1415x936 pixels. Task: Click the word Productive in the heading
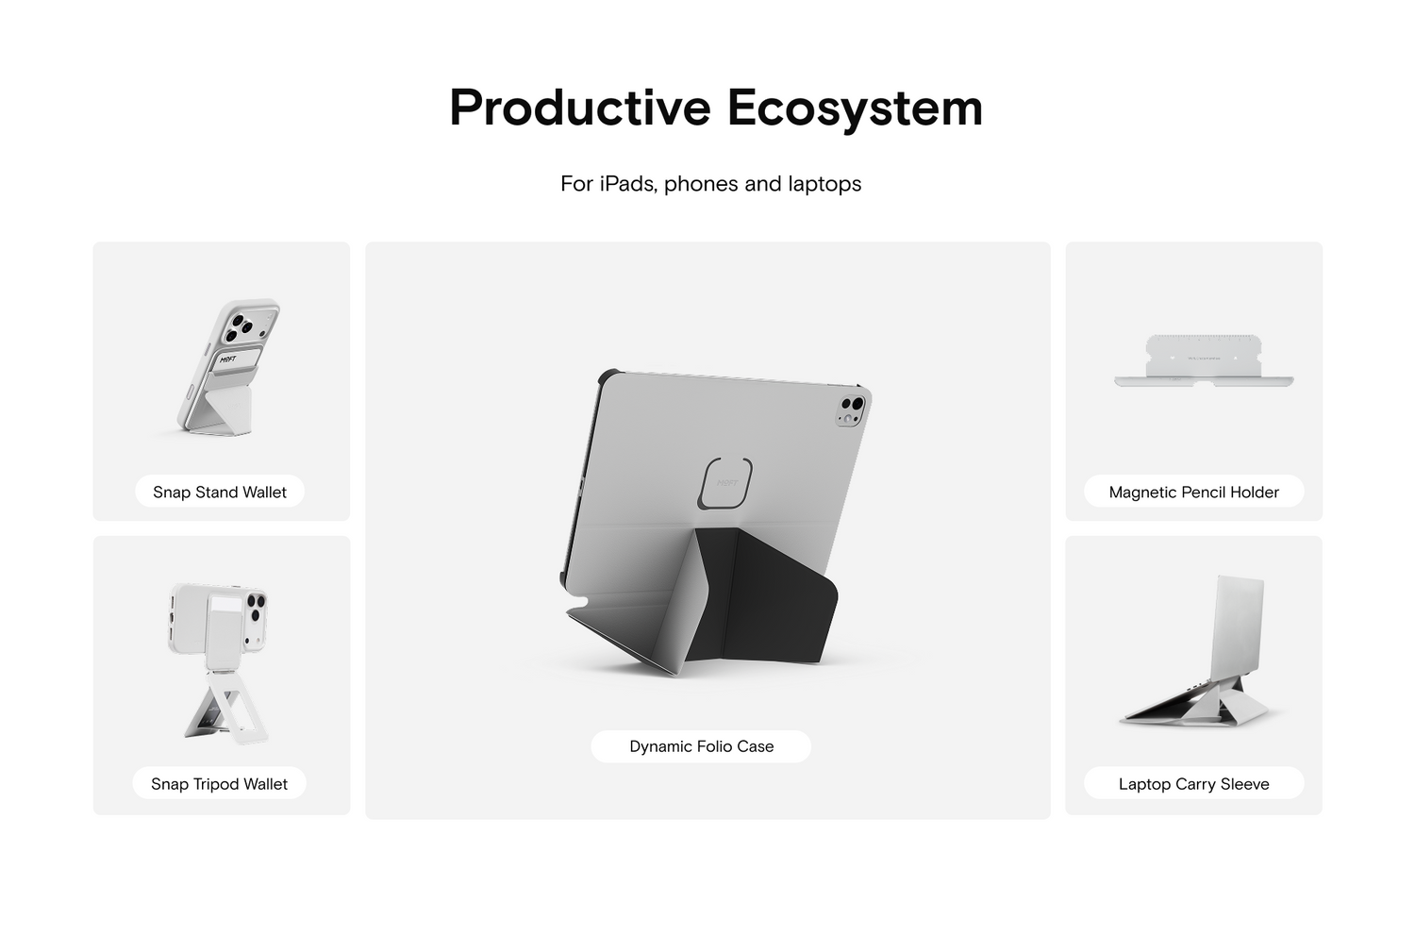(580, 109)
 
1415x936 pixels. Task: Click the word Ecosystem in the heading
(855, 109)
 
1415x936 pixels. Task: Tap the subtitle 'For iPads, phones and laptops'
(710, 184)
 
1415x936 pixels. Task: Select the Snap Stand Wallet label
(220, 492)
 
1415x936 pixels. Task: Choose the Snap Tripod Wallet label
(219, 784)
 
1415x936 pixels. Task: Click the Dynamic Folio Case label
(701, 746)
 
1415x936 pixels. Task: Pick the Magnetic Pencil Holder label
(1194, 492)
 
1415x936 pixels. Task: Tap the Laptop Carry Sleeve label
(1194, 784)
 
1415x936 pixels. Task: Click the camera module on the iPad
(851, 410)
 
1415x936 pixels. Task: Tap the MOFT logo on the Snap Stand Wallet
(227, 359)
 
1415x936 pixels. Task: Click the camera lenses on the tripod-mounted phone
(257, 610)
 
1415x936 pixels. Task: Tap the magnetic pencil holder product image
(1204, 360)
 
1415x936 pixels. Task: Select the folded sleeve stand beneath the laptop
(1194, 706)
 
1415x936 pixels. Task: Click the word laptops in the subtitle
(824, 185)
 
